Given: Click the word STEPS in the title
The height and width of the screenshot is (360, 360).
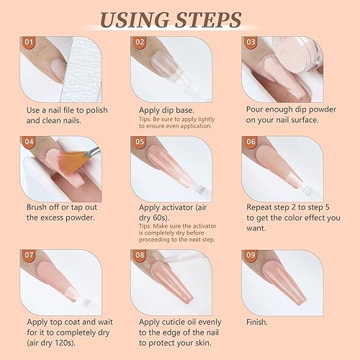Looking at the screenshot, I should coord(219,19).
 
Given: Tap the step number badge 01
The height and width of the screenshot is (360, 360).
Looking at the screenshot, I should coord(30,42).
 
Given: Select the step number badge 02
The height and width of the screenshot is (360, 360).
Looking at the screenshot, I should coord(141,42).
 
